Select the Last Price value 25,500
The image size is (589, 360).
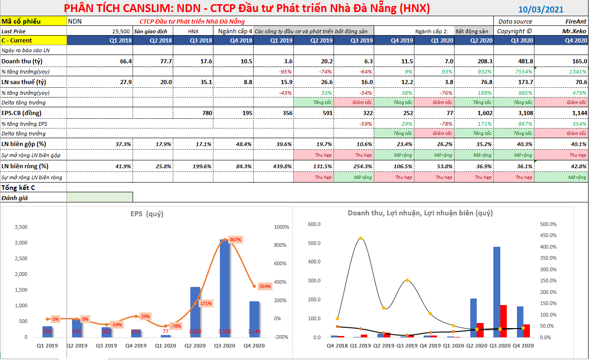click(121, 31)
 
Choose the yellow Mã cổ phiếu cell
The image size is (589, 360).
click(33, 21)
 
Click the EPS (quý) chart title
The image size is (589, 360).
click(146, 214)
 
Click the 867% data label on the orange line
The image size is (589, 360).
click(235, 240)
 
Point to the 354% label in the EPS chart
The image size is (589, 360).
click(265, 286)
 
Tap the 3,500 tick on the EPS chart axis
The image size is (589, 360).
click(22, 227)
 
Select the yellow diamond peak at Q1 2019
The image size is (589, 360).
click(360, 238)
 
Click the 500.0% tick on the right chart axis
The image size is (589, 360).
click(548, 224)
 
